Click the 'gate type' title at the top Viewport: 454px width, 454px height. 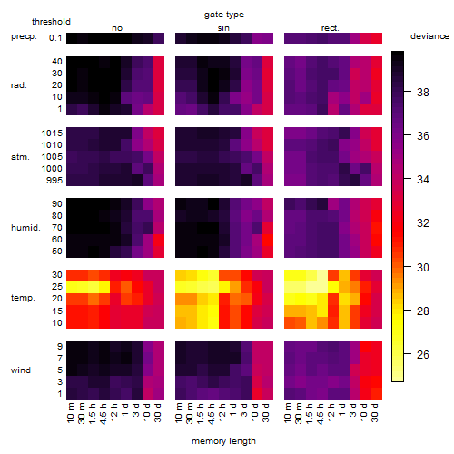click(224, 15)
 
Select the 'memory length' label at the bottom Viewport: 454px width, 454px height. click(223, 441)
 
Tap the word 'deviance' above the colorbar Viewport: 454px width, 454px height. click(429, 36)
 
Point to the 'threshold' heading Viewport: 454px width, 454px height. click(51, 22)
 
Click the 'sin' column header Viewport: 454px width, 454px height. click(223, 28)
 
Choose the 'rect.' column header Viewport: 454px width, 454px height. click(331, 28)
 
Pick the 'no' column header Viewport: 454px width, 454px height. click(117, 28)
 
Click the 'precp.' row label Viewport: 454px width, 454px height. click(24, 36)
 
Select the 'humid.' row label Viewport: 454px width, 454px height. click(25, 228)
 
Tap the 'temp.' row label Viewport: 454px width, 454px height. click(23, 298)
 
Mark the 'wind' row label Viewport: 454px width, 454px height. click(21, 370)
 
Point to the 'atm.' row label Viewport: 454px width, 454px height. click(20, 157)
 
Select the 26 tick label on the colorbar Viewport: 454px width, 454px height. click(422, 354)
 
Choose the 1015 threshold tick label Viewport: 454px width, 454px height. click(52, 133)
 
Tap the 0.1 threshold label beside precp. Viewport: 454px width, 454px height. click(55, 38)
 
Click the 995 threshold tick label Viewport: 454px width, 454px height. click(54, 181)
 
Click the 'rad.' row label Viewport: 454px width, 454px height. click(19, 85)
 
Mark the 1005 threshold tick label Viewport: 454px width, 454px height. click(52, 157)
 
